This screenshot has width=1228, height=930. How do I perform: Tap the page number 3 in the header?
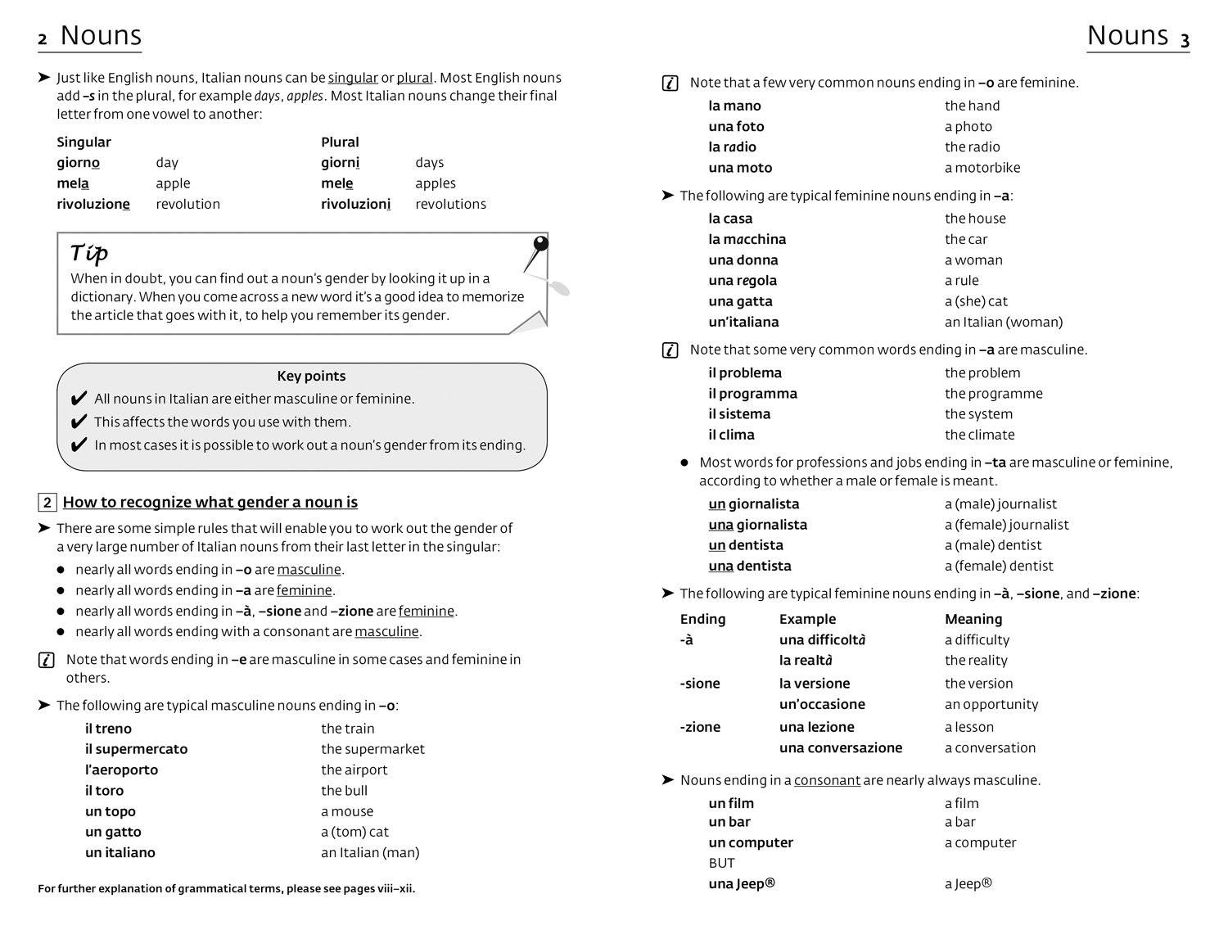pyautogui.click(x=1184, y=39)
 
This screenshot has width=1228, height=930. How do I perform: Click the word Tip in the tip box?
pyautogui.click(x=89, y=253)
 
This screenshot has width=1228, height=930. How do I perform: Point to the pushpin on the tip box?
pyautogui.click(x=540, y=245)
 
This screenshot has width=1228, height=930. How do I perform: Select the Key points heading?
pyautogui.click(x=311, y=376)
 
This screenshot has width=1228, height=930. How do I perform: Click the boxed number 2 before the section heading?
pyautogui.click(x=47, y=503)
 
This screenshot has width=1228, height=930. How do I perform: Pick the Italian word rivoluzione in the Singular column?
pyautogui.click(x=93, y=204)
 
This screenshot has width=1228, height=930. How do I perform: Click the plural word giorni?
pyautogui.click(x=340, y=163)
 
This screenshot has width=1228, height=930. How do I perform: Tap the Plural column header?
pyautogui.click(x=340, y=142)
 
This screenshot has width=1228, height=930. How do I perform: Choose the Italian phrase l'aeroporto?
pyautogui.click(x=121, y=770)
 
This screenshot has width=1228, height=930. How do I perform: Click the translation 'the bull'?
pyautogui.click(x=344, y=791)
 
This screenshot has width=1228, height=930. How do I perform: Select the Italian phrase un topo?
pyautogui.click(x=111, y=811)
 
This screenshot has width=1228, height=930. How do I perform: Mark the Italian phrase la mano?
pyautogui.click(x=734, y=106)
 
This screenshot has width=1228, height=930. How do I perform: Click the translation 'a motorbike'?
pyautogui.click(x=982, y=168)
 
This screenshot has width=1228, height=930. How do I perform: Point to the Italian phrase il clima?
pyautogui.click(x=731, y=435)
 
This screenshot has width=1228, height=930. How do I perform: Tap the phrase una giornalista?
pyautogui.click(x=757, y=525)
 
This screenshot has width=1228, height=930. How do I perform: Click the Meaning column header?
pyautogui.click(x=973, y=619)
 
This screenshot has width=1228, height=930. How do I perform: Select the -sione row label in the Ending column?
pyautogui.click(x=700, y=684)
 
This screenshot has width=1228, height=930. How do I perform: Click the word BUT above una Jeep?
pyautogui.click(x=721, y=863)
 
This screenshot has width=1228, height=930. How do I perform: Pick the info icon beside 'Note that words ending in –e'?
pyautogui.click(x=47, y=660)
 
